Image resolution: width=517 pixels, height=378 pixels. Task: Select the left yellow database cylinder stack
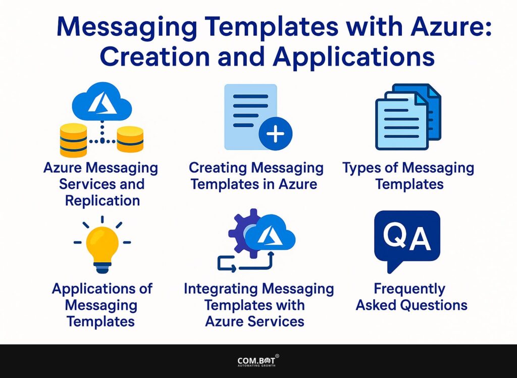pyautogui.click(x=73, y=140)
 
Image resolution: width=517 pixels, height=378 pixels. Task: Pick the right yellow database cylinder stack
pyautogui.click(x=130, y=139)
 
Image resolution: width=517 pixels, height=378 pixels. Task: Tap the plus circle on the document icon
pyautogui.click(x=275, y=135)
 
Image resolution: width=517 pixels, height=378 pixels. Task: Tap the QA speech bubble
pyautogui.click(x=406, y=239)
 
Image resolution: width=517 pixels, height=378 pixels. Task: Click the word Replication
pyautogui.click(x=102, y=200)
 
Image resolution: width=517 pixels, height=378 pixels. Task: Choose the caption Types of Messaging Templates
pyautogui.click(x=408, y=176)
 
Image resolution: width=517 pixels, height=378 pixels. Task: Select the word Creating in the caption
pyautogui.click(x=219, y=168)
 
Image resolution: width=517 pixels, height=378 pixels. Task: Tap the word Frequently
pyautogui.click(x=409, y=289)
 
